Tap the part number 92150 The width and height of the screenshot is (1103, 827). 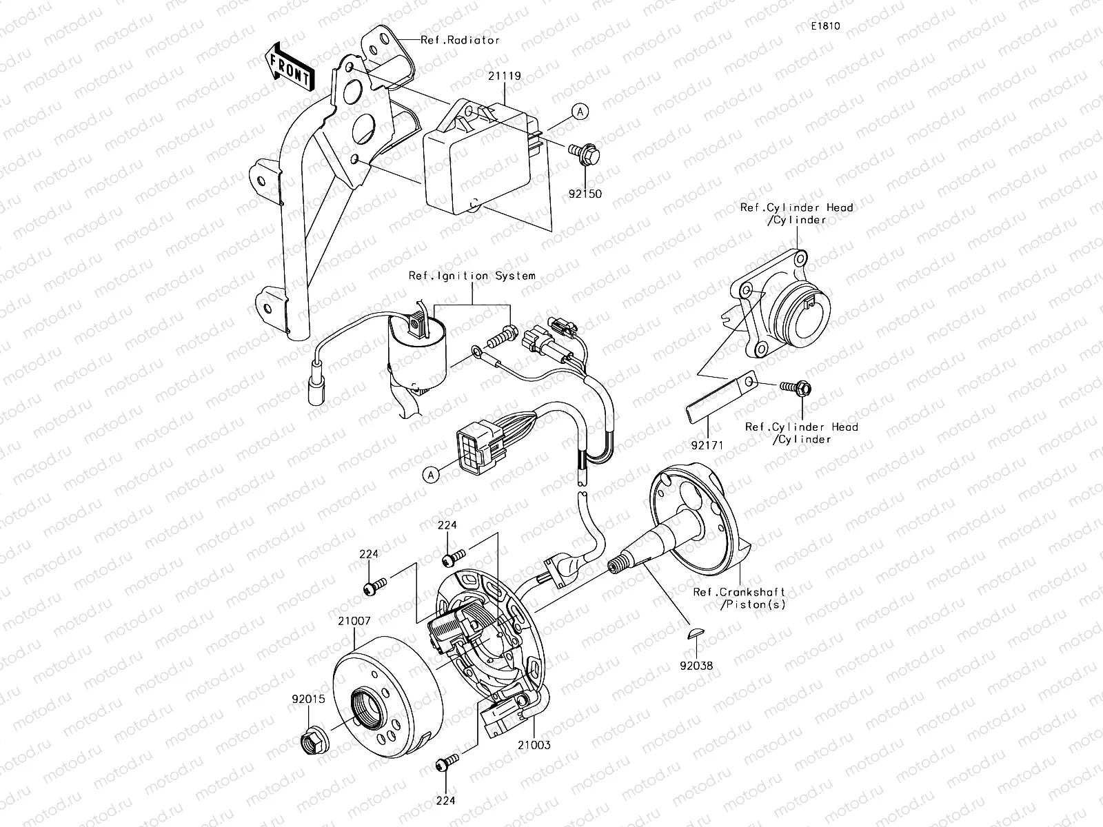pyautogui.click(x=586, y=194)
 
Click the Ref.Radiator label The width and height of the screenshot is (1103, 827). pyautogui.click(x=460, y=40)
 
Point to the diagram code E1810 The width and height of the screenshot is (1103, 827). pyautogui.click(x=824, y=26)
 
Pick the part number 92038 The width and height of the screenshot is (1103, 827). pyautogui.click(x=698, y=666)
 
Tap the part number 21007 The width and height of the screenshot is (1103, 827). pyautogui.click(x=354, y=621)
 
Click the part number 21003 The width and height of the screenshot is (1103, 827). pyautogui.click(x=535, y=744)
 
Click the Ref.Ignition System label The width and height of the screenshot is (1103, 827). pyautogui.click(x=472, y=276)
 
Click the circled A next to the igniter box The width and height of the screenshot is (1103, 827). pyautogui.click(x=581, y=112)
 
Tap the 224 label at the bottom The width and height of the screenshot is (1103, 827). pyautogui.click(x=446, y=801)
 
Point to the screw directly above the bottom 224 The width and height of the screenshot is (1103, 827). pyautogui.click(x=447, y=763)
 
